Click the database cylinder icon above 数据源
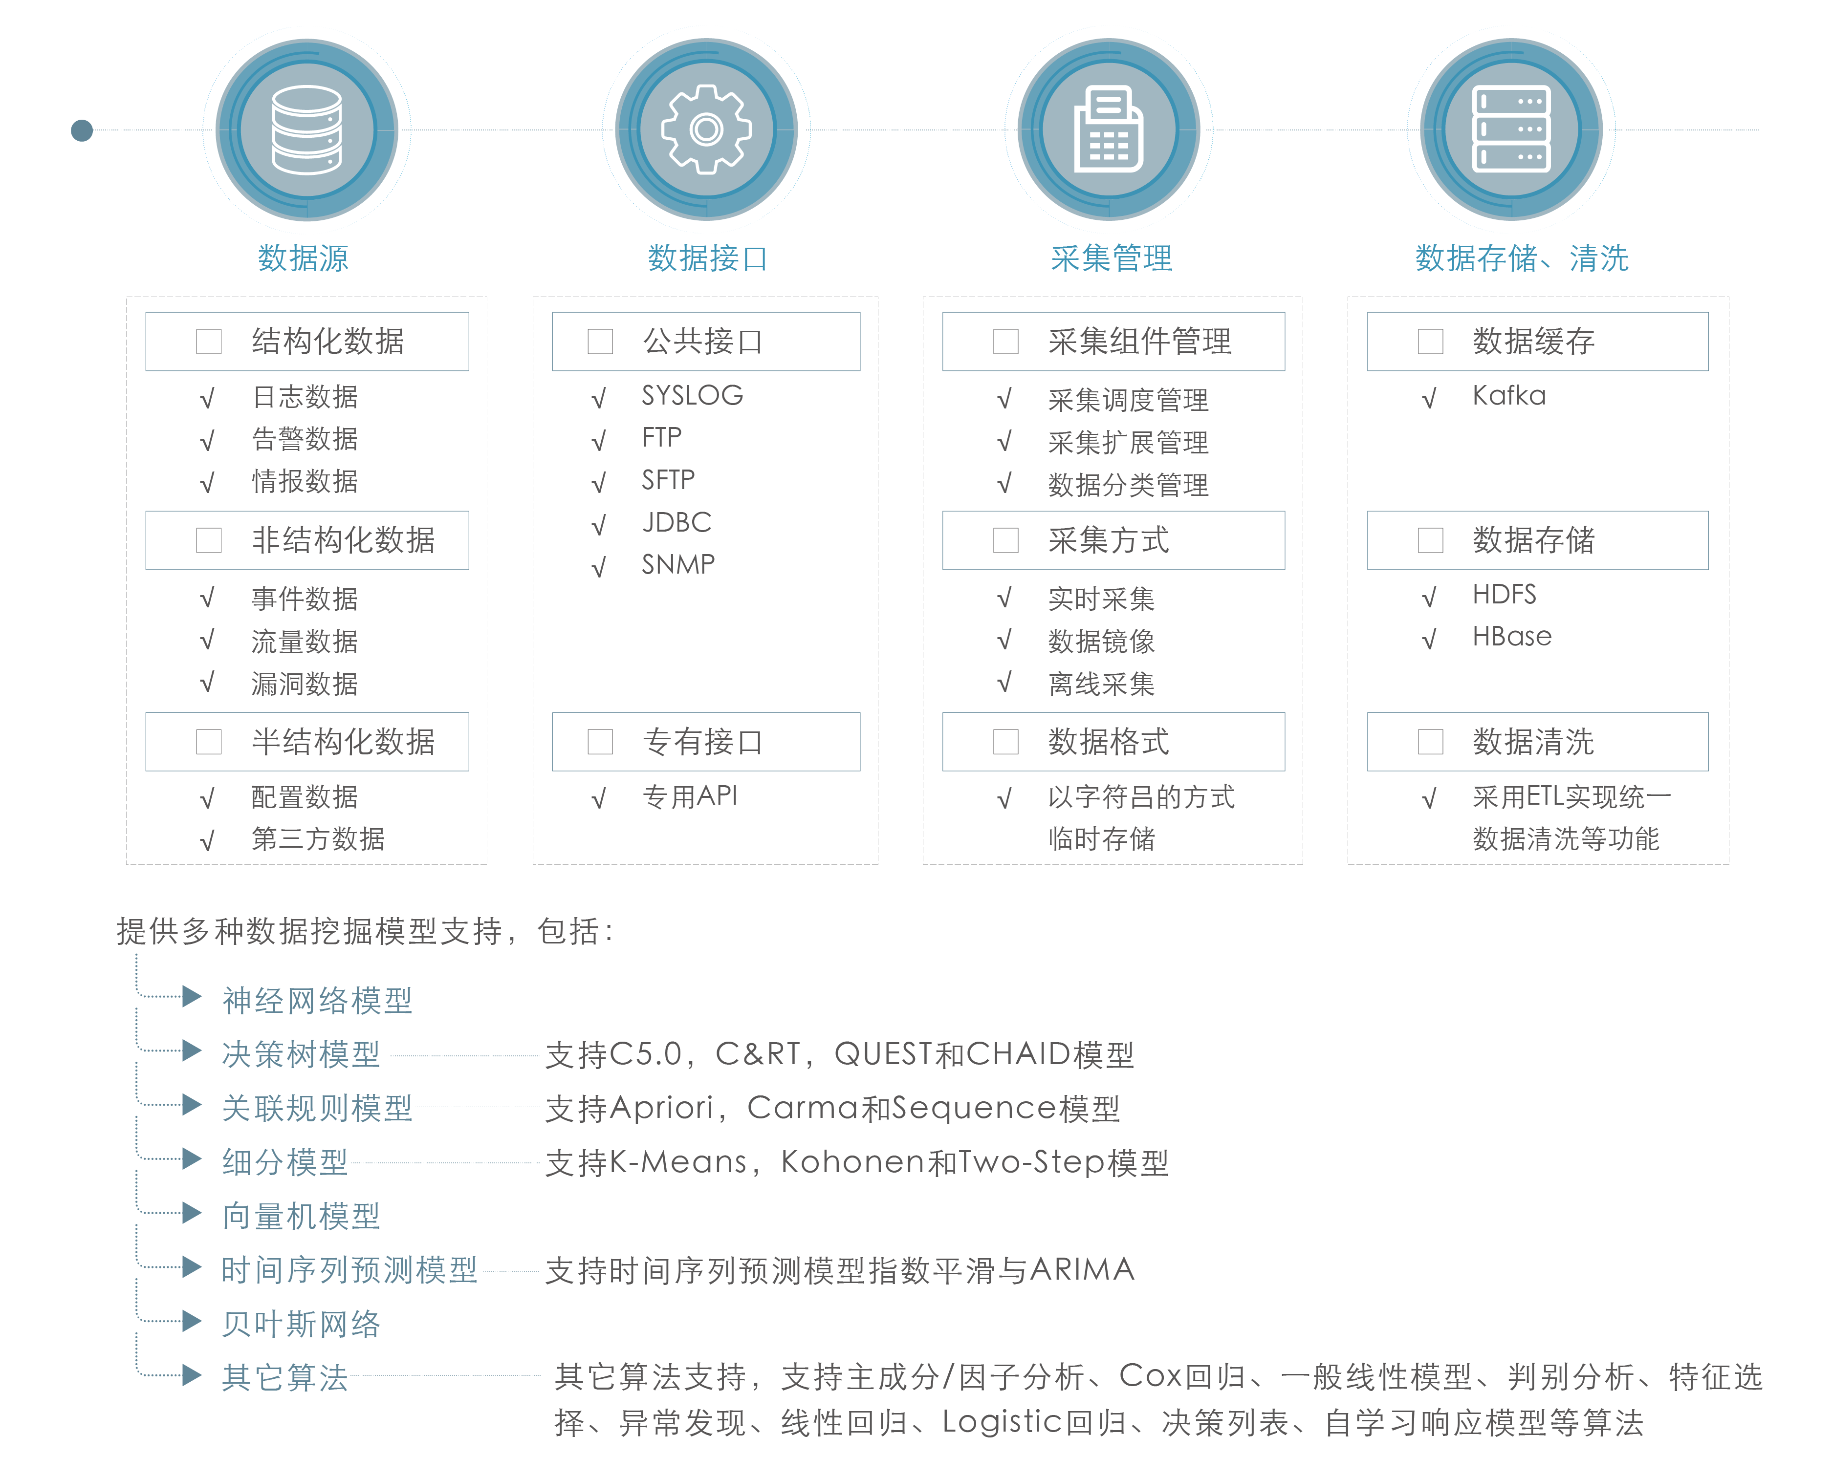(306, 130)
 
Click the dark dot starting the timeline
(82, 130)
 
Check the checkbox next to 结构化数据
(209, 342)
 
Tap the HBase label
(1512, 637)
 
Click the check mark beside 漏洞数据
(207, 683)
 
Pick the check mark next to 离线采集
(1005, 683)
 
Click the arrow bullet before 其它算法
(192, 1375)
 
